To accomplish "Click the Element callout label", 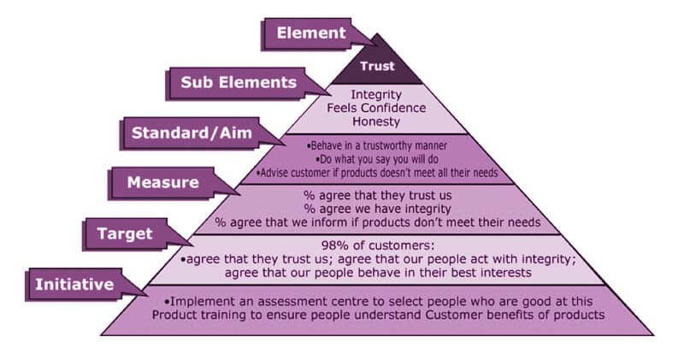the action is pyautogui.click(x=311, y=33).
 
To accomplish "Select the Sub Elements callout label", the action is pyautogui.click(x=239, y=82).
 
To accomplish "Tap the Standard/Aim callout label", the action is pyautogui.click(x=192, y=133).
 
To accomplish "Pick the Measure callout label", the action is pyautogui.click(x=163, y=182).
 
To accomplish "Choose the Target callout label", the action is pyautogui.click(x=125, y=234).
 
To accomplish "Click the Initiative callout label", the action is pyautogui.click(x=74, y=285).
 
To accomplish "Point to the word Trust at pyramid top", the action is pyautogui.click(x=377, y=67).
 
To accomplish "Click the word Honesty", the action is pyautogui.click(x=376, y=121).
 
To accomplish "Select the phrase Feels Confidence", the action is pyautogui.click(x=376, y=109).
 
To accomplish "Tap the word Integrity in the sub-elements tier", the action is pyautogui.click(x=376, y=95).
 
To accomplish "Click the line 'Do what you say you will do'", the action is pyautogui.click(x=376, y=159).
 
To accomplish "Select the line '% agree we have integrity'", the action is pyautogui.click(x=377, y=209).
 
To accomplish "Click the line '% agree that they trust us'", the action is pyautogui.click(x=377, y=196).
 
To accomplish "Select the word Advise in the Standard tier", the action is pyautogui.click(x=273, y=173).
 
